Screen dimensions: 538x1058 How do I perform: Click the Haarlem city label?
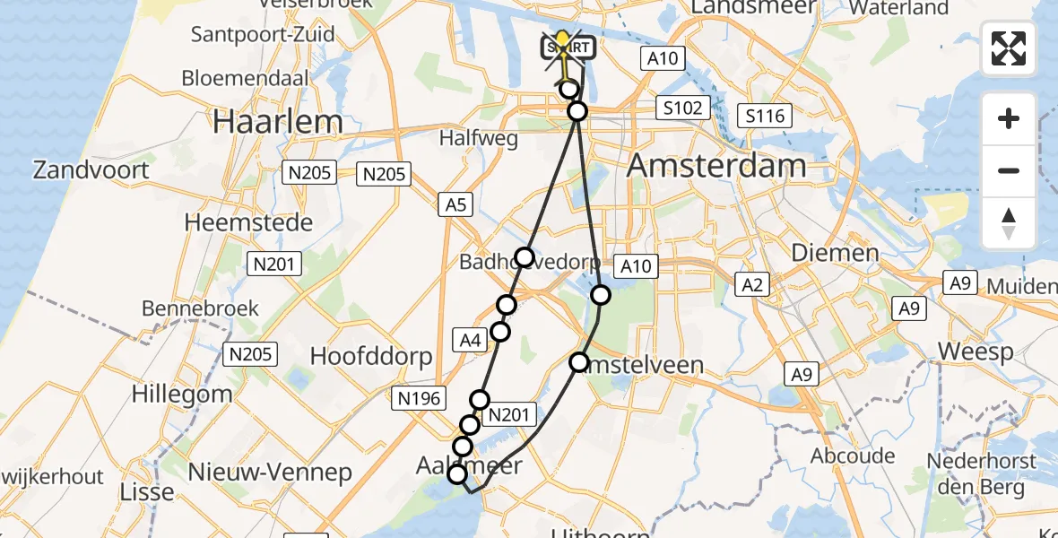(278, 122)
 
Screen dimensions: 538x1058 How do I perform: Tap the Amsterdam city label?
(716, 166)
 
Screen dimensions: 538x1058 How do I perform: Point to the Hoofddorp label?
(371, 356)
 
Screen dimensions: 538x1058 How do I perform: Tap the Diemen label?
(835, 253)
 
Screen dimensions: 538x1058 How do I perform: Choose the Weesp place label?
(976, 351)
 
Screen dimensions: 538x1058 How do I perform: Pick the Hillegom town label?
(181, 393)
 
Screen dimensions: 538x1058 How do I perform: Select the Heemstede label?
(248, 222)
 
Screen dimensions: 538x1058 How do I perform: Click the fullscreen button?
(1009, 49)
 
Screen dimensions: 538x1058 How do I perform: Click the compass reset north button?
(1009, 223)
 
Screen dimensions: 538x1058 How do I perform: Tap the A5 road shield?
(456, 205)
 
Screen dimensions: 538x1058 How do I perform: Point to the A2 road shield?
(752, 285)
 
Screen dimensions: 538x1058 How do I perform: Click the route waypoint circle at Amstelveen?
(579, 362)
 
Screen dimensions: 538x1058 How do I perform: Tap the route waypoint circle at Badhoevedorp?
(525, 257)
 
